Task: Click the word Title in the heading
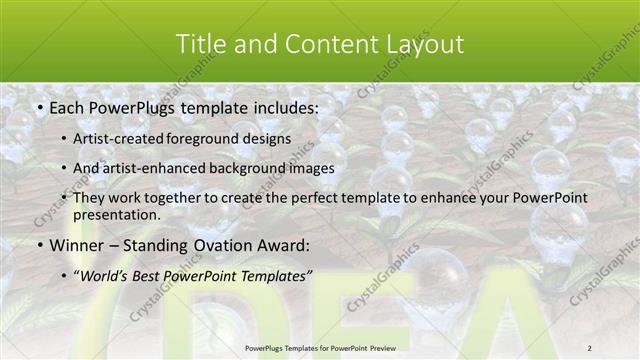coord(199,44)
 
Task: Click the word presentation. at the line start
coord(116,214)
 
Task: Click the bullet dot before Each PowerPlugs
coord(38,106)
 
